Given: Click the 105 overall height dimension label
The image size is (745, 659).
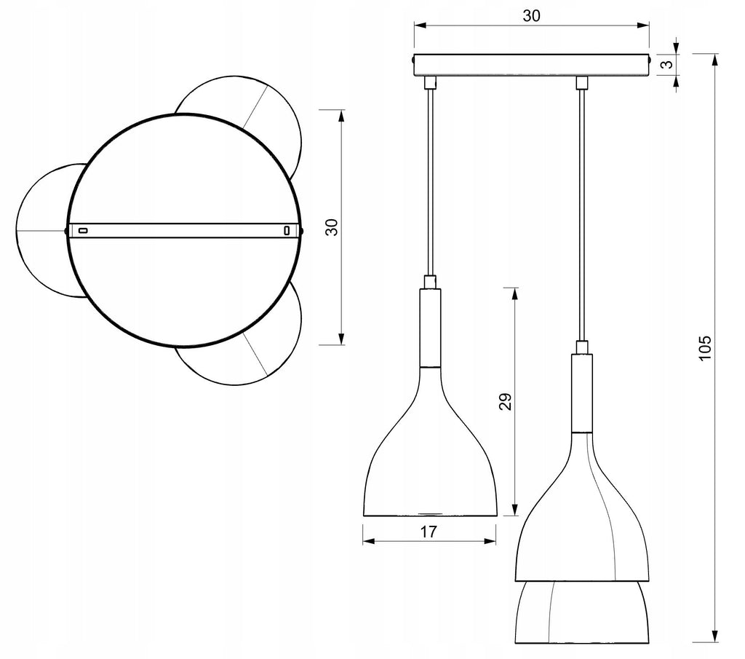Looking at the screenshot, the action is coord(705,347).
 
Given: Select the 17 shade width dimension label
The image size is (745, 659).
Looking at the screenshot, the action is coord(428,532).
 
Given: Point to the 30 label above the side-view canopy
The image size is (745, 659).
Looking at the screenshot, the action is coord(531,16).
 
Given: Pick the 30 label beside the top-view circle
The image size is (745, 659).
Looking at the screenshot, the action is coord(332,227).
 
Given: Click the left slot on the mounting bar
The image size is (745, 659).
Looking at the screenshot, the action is coord(83,231).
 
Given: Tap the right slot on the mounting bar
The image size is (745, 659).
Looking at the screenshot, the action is coord(287,231).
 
